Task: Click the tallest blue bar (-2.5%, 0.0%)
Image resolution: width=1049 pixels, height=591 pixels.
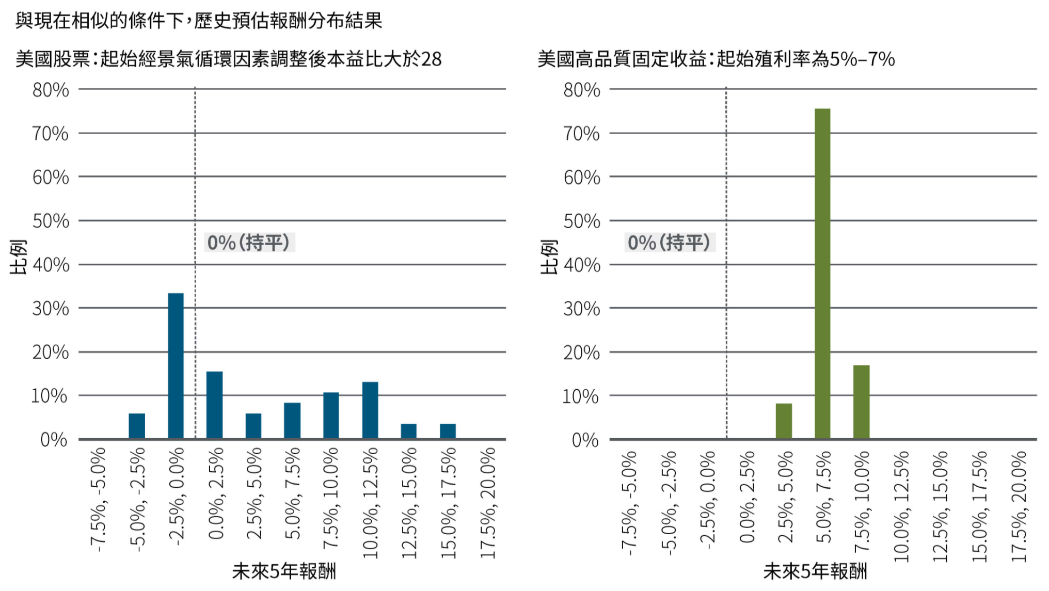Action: coord(176,366)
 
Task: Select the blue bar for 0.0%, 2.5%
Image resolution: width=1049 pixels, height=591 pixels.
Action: coord(214,405)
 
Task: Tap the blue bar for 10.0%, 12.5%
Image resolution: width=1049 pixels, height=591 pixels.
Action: coord(370,410)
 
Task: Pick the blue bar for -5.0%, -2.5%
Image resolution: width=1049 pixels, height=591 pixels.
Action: coord(137,426)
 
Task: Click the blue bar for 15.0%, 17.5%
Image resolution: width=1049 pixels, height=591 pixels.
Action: coord(448,431)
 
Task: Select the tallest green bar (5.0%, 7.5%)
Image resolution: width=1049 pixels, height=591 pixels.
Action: coord(822,274)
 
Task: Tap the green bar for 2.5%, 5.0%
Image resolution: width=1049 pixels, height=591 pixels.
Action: coord(784,421)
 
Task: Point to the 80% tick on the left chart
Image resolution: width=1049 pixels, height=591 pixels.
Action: coord(51,90)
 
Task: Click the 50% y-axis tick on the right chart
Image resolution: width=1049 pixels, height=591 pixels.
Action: coord(582,221)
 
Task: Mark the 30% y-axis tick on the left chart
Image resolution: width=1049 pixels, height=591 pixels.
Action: coord(51,309)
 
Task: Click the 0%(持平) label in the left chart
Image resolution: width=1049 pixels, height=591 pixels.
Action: coord(249,242)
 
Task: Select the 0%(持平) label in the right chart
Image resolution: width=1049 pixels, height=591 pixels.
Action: coord(670,242)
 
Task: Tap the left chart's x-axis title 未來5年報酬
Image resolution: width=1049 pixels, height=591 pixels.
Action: coord(284,571)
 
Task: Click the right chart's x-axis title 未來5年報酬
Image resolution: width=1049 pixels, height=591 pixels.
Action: coord(815,571)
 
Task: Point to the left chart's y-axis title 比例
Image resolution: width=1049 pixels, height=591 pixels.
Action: coord(18,257)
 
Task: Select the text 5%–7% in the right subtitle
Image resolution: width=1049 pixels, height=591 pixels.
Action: coord(862,59)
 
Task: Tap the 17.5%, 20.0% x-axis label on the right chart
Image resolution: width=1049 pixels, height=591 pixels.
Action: coord(1020,506)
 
